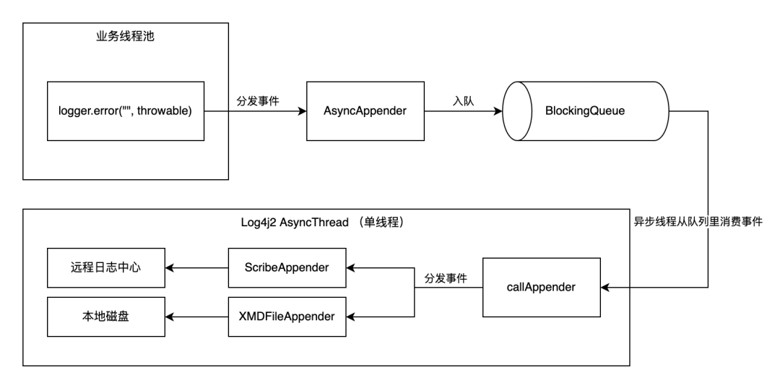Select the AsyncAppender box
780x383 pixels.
(x=364, y=111)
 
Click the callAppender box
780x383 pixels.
(x=541, y=286)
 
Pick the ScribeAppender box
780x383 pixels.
(x=287, y=267)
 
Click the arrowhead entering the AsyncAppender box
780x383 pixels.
(x=302, y=111)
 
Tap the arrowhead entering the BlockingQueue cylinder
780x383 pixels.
(x=498, y=111)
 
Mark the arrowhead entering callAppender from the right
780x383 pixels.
(x=605, y=287)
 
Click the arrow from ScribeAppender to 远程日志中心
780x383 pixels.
(x=196, y=267)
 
